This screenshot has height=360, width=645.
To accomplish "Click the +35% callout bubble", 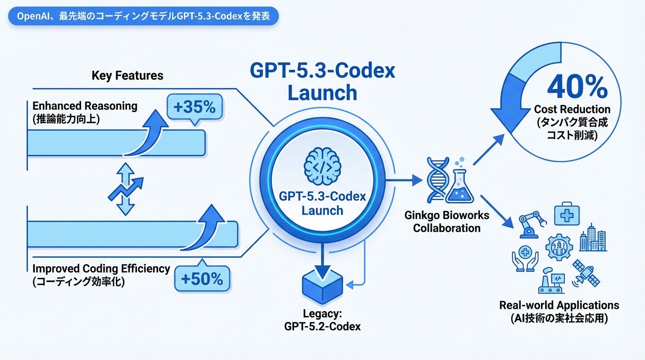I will pos(194,108).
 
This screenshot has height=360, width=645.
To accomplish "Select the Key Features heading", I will pos(127,75).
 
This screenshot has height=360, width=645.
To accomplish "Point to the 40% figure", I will pos(577,87).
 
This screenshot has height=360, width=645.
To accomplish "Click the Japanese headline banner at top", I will pos(143,16).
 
